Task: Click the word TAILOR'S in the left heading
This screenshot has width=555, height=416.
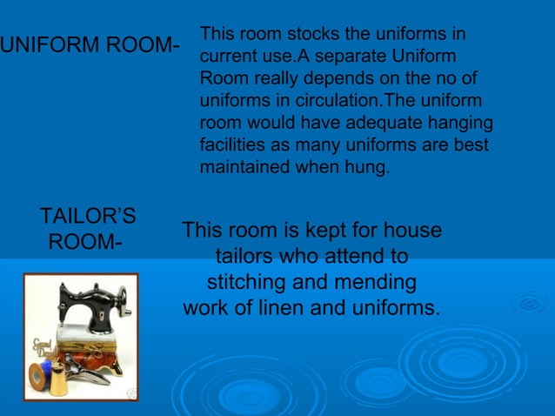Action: [x=87, y=216]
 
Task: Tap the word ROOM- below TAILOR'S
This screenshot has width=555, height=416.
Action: [x=84, y=241]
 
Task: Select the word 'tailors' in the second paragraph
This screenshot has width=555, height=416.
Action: [x=248, y=258]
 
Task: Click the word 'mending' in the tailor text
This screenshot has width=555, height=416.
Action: [x=379, y=284]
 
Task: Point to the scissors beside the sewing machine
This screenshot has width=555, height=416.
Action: [x=91, y=369]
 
